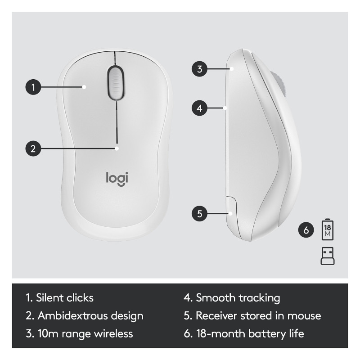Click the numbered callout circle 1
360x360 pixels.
[x=33, y=87]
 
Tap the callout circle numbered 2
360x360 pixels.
[x=33, y=148]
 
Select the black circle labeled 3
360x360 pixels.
[x=199, y=69]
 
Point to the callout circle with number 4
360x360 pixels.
[x=199, y=108]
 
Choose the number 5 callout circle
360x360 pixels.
[x=199, y=213]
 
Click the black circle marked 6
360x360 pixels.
[x=306, y=230]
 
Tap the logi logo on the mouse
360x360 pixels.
[x=117, y=179]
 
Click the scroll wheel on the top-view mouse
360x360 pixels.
[x=116, y=83]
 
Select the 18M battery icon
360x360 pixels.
[x=328, y=229]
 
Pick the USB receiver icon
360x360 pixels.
[x=328, y=256]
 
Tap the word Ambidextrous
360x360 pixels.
[x=73, y=316]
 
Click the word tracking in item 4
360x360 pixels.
[x=260, y=298]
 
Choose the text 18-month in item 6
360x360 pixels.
[x=221, y=333]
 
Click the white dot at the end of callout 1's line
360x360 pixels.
[x=84, y=87]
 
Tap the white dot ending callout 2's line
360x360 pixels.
[x=117, y=148]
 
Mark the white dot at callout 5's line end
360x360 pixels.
[x=230, y=213]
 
